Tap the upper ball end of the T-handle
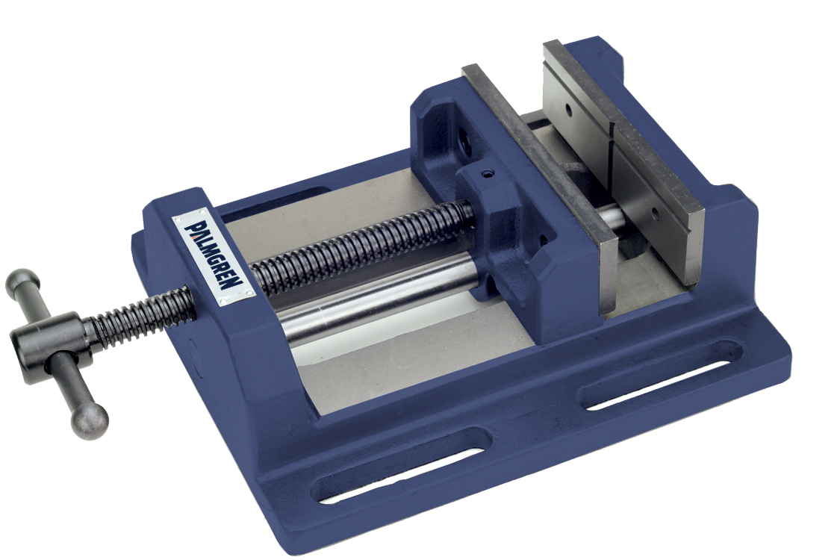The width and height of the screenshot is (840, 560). coord(22,282)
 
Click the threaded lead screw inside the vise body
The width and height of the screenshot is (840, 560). coord(358,246)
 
